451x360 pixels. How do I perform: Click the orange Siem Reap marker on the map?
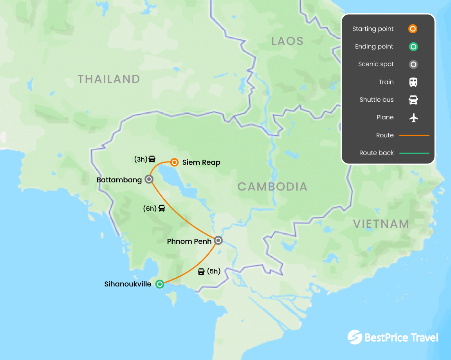pyautogui.click(x=175, y=162)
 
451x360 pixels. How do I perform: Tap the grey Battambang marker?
pyautogui.click(x=149, y=179)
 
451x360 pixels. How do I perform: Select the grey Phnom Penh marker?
pyautogui.click(x=218, y=240)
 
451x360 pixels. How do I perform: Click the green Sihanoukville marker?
pyautogui.click(x=160, y=284)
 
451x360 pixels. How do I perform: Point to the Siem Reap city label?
pyautogui.click(x=201, y=162)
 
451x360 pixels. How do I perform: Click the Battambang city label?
pyautogui.click(x=119, y=180)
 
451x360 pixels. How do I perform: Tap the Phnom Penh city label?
pyautogui.click(x=189, y=241)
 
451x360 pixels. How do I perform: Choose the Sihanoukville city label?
pyautogui.click(x=128, y=284)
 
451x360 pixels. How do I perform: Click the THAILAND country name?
pyautogui.click(x=109, y=79)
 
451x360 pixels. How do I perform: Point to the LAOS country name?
pyautogui.click(x=287, y=41)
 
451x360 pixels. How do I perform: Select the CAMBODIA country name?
pyautogui.click(x=272, y=187)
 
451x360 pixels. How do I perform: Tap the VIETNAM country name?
pyautogui.click(x=381, y=224)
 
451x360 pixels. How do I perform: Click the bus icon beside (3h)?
pyautogui.click(x=152, y=159)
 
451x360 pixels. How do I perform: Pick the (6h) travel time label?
pyautogui.click(x=150, y=209)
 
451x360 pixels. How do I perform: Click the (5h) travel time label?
pyautogui.click(x=214, y=271)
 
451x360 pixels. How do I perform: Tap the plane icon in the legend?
pyautogui.click(x=413, y=117)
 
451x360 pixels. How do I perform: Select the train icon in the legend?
pyautogui.click(x=413, y=82)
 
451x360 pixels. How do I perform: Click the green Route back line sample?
pyautogui.click(x=414, y=153)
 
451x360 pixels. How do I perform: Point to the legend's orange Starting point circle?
pyautogui.click(x=413, y=29)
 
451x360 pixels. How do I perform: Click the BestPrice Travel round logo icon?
pyautogui.click(x=355, y=337)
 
